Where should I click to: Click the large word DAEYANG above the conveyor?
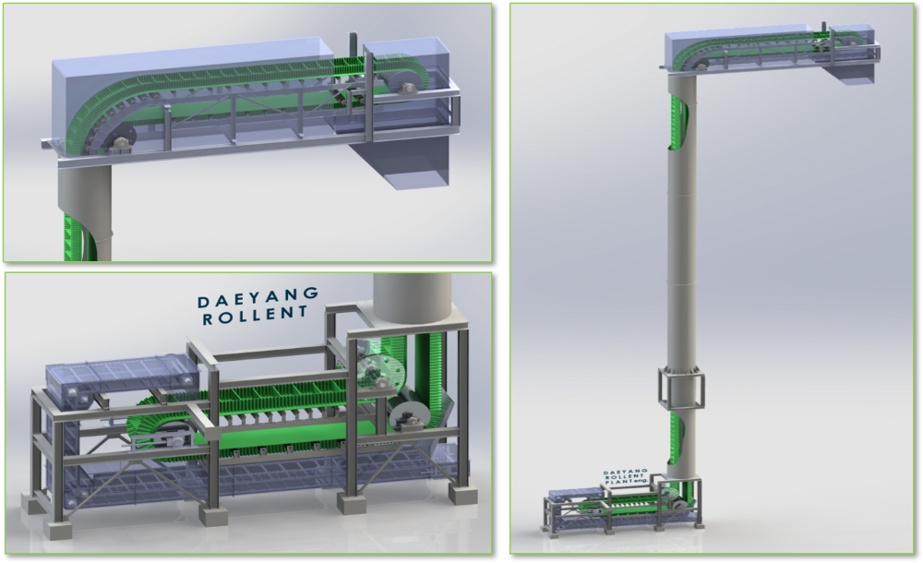point(258,297)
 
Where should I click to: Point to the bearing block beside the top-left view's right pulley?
point(405,88)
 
